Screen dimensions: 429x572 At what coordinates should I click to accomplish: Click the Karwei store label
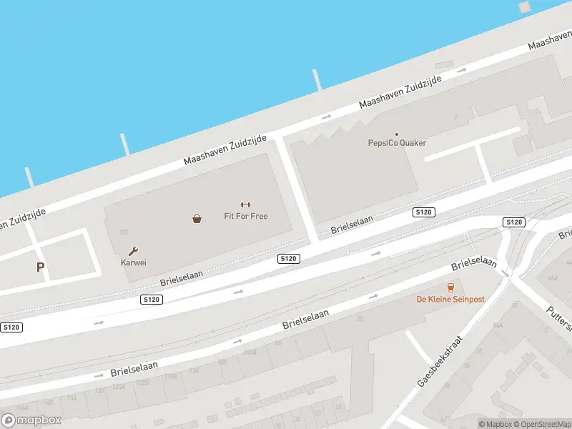click(133, 262)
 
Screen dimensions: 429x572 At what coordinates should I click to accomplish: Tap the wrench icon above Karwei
click(133, 251)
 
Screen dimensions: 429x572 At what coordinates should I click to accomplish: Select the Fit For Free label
click(246, 216)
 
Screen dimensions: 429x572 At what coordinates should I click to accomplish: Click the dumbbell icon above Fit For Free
click(246, 204)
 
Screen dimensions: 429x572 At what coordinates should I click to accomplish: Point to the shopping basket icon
click(197, 219)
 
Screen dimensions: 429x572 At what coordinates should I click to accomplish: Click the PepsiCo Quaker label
click(397, 143)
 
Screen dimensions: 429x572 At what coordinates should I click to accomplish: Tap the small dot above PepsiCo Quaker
click(397, 134)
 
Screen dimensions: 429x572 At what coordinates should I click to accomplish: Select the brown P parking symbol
click(41, 267)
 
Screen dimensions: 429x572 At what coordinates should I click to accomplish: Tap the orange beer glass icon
click(450, 287)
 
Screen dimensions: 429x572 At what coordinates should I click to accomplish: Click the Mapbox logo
click(31, 420)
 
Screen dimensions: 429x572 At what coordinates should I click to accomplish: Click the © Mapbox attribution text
click(495, 424)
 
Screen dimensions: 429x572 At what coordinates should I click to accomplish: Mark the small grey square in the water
click(525, 6)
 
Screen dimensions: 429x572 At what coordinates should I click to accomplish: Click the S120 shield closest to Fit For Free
click(289, 258)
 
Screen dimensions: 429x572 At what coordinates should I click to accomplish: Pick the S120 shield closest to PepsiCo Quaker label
click(424, 212)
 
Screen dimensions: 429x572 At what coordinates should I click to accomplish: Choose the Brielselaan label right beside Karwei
click(182, 277)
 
